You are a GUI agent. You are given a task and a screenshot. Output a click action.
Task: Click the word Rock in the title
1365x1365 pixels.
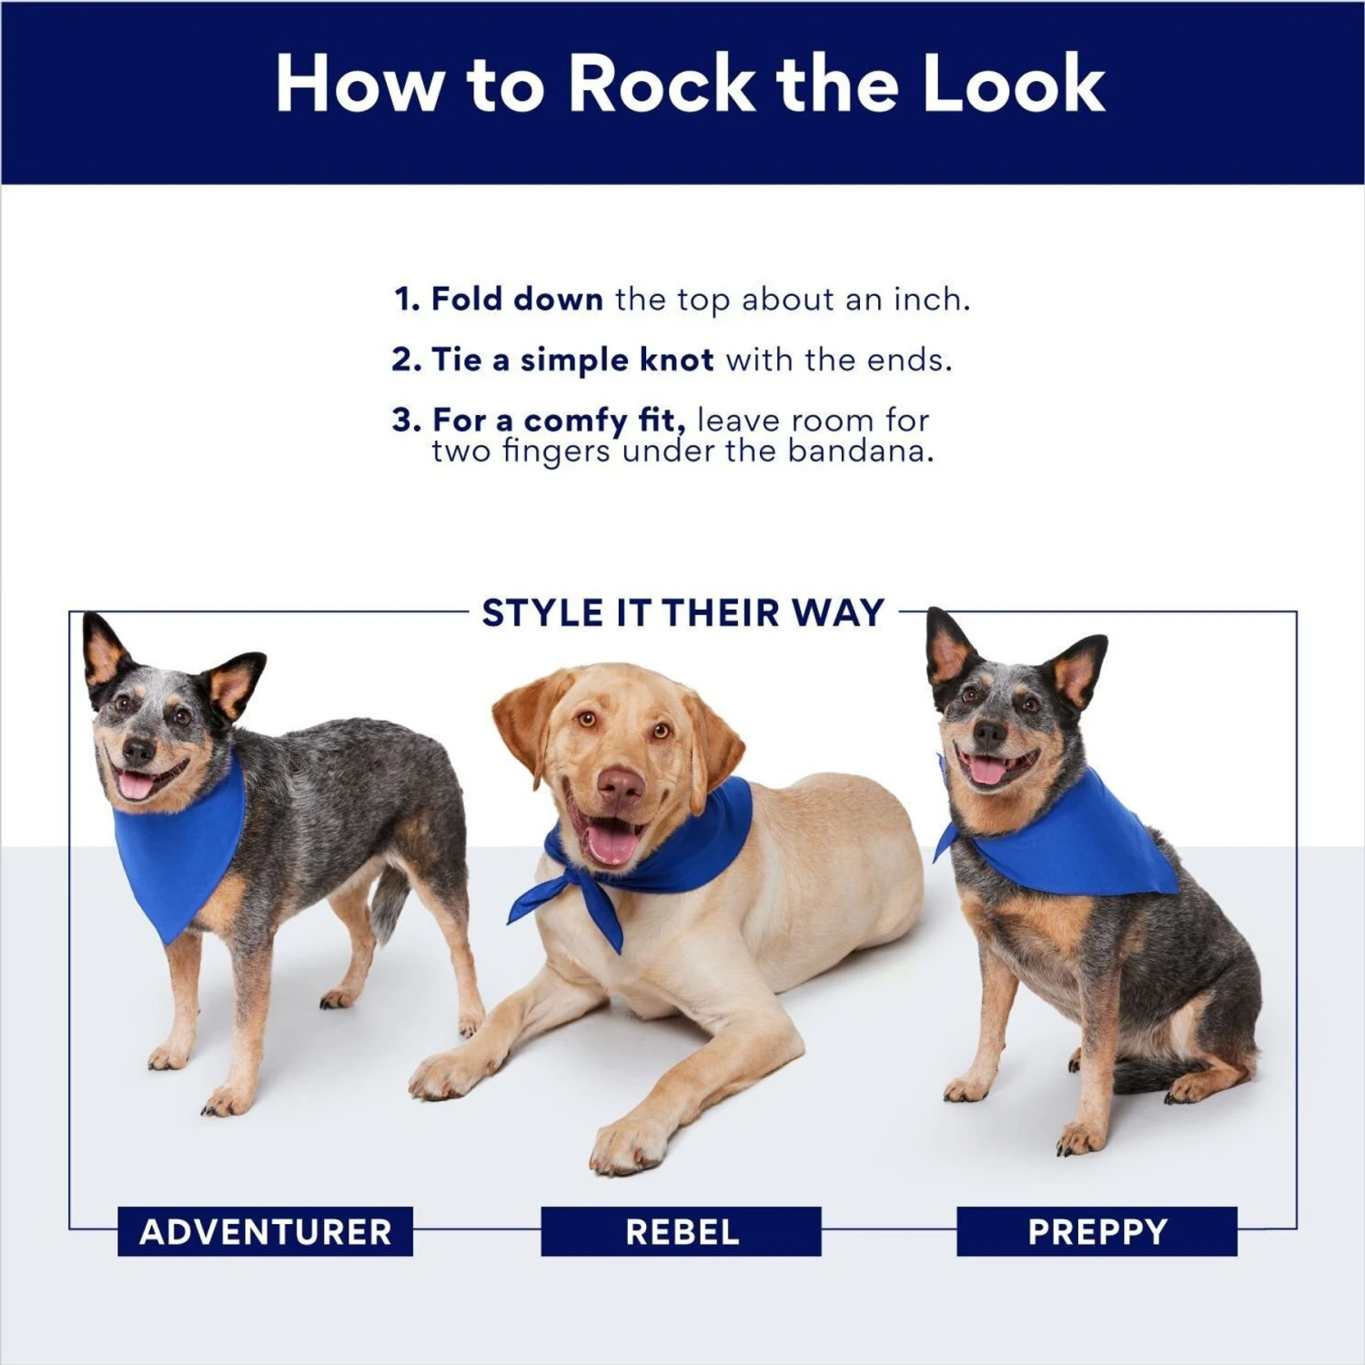click(x=662, y=84)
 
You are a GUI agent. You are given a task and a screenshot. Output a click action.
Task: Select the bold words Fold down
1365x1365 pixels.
click(x=516, y=298)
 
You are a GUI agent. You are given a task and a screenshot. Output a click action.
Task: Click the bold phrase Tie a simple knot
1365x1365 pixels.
click(x=572, y=359)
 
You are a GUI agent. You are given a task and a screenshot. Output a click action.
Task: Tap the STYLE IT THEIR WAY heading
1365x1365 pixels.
click(x=682, y=612)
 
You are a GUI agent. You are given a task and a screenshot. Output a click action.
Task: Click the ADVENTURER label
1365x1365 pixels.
click(x=265, y=1231)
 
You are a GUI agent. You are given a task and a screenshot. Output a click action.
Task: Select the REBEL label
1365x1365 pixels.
click(x=682, y=1231)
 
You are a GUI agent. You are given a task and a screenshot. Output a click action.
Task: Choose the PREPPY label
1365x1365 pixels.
click(x=1097, y=1231)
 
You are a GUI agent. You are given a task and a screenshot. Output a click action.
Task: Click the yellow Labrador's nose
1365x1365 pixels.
click(x=621, y=784)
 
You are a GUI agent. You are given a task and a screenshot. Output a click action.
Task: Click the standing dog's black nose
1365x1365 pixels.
click(x=137, y=751)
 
